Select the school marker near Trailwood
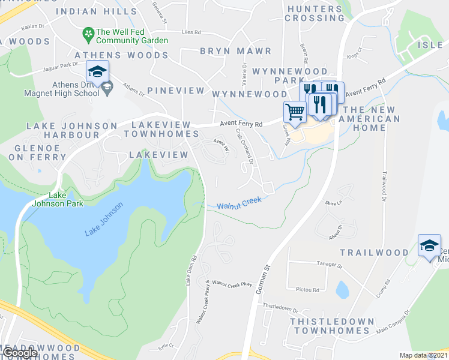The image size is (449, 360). (x=429, y=245)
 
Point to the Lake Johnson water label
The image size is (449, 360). (x=104, y=218)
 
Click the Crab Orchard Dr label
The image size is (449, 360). (x=246, y=146)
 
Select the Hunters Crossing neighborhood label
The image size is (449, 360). (x=315, y=13)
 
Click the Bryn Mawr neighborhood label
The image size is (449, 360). (x=235, y=51)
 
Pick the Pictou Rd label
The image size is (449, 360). (x=307, y=289)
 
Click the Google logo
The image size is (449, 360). (x=20, y=353)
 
